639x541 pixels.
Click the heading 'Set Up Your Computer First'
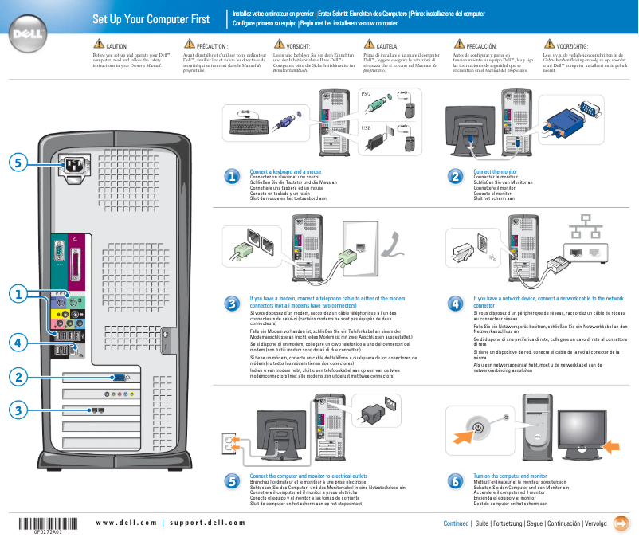coord(151,19)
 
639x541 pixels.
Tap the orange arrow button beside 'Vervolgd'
coord(625,523)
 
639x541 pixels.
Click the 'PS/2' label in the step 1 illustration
coord(367,93)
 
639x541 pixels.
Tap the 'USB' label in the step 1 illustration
coord(367,127)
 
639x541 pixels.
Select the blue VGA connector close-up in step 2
coord(577,116)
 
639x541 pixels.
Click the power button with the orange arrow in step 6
coord(477,429)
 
